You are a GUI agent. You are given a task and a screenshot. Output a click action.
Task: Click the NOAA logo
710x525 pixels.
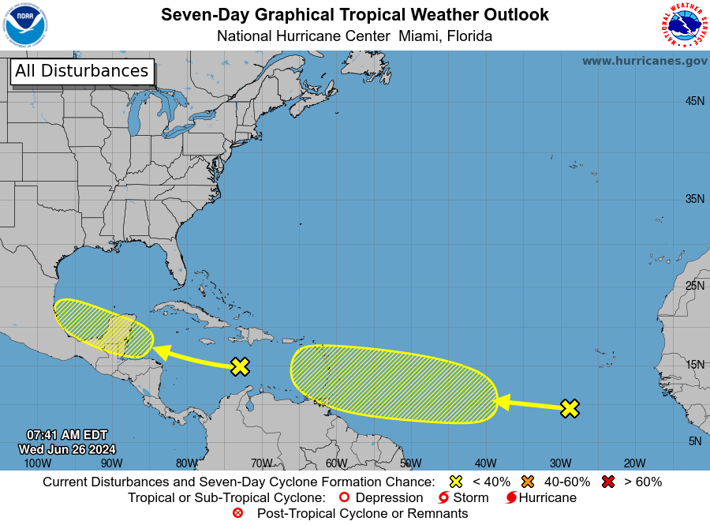(25, 25)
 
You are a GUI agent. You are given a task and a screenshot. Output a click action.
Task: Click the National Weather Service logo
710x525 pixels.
(682, 26)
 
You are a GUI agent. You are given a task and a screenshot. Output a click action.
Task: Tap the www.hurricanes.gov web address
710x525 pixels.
(645, 61)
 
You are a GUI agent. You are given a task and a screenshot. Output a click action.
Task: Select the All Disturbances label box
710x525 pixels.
(82, 71)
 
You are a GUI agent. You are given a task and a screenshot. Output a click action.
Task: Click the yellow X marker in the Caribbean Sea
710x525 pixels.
(240, 366)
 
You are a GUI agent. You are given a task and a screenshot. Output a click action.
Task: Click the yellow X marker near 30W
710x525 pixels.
(570, 408)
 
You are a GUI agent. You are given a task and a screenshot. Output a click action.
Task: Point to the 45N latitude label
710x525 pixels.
(694, 101)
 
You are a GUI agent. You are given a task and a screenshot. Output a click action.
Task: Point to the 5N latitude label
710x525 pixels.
(694, 441)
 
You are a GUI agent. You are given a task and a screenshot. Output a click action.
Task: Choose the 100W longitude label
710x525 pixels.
(37, 463)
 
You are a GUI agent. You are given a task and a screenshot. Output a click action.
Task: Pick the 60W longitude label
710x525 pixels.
(336, 463)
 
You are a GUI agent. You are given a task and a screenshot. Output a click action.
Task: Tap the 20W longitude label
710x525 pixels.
(634, 463)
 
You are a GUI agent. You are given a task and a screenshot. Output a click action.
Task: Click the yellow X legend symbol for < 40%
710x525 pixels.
(455, 482)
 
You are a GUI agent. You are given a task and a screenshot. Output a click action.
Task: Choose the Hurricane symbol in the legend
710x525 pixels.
(511, 498)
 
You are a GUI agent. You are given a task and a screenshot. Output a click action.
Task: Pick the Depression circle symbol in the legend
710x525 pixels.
(343, 498)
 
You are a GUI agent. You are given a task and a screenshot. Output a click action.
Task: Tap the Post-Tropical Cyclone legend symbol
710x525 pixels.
(238, 514)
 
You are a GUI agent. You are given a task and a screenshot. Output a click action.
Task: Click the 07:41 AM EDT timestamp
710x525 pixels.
(67, 435)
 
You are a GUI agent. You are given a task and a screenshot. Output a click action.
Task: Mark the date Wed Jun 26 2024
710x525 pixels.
(67, 449)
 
